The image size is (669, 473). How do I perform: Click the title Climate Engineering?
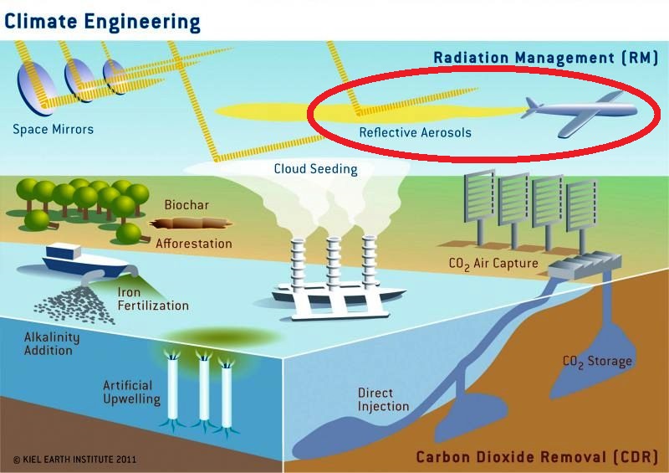(102, 21)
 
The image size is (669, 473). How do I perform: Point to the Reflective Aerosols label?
(403, 132)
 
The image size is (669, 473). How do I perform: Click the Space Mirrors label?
(53, 129)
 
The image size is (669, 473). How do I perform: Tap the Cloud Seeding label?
(315, 169)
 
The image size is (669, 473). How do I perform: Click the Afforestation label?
(193, 244)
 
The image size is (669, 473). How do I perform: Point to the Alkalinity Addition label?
(48, 342)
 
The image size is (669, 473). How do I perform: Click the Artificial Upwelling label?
(131, 392)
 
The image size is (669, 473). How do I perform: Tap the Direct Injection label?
(383, 399)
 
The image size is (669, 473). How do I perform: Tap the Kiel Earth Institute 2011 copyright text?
(74, 460)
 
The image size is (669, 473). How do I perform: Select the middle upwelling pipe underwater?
(203, 388)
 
